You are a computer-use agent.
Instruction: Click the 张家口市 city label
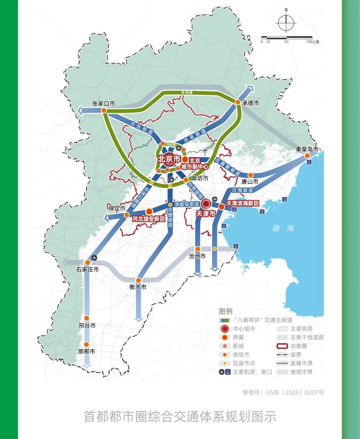click(104, 104)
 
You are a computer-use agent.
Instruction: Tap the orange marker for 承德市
click(237, 103)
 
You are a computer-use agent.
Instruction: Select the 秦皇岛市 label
click(307, 149)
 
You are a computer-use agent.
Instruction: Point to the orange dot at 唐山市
click(251, 175)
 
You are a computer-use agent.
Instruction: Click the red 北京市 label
click(169, 159)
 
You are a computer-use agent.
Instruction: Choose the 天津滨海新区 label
click(243, 203)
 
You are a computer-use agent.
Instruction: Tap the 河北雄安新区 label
click(149, 219)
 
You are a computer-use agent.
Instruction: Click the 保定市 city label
click(117, 209)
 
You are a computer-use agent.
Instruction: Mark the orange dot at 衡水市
click(139, 280)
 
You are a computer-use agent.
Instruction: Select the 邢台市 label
click(87, 326)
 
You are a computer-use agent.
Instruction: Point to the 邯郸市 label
click(87, 351)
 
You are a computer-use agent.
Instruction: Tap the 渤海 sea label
click(283, 228)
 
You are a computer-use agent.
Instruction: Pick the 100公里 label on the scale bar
click(313, 42)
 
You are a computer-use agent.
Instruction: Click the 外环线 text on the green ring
click(187, 93)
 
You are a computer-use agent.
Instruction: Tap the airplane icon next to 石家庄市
click(95, 258)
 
